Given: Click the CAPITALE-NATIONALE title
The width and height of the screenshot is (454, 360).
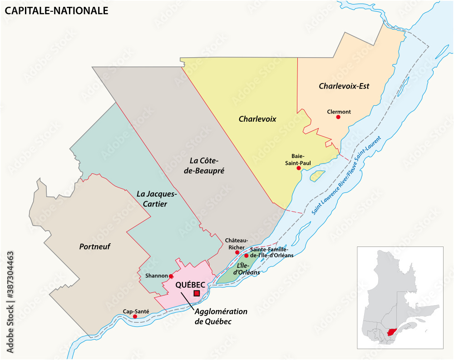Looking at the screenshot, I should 57,10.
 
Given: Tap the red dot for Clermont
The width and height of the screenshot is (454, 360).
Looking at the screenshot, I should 338,117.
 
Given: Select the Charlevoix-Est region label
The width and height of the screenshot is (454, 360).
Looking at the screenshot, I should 344,86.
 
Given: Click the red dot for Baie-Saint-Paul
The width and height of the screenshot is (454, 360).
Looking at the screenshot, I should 299,168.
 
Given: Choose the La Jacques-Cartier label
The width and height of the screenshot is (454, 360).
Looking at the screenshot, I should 156,199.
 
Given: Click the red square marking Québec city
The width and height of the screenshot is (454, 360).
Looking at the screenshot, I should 197,294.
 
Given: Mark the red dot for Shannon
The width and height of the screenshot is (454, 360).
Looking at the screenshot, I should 171,276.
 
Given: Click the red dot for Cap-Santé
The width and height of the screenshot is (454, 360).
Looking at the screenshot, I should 135,316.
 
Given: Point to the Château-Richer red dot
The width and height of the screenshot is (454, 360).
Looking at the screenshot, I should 237,252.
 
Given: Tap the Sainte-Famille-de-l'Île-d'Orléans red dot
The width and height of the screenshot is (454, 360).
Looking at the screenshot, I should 247,256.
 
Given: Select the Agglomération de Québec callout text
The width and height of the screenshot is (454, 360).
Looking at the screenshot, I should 221,316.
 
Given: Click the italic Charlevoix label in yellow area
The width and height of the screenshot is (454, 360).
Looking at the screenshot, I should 257,119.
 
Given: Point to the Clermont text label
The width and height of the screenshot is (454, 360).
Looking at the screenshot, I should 339,111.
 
